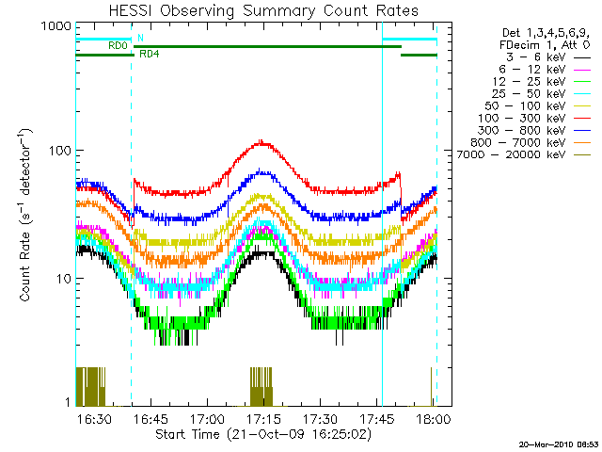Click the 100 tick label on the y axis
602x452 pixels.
[x=59, y=151]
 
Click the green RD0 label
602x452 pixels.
[x=118, y=45]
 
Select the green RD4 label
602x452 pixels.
[x=149, y=54]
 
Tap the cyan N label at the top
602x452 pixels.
[x=140, y=38]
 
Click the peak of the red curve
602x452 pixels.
[x=262, y=142]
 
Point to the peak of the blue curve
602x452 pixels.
[x=264, y=171]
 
